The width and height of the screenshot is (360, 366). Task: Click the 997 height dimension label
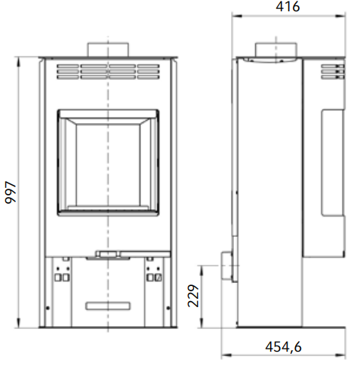pos(11,192)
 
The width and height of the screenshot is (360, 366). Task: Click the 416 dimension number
pos(288,7)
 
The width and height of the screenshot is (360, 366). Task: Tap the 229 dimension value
pos(193,296)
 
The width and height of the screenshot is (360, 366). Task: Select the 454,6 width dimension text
pos(283,347)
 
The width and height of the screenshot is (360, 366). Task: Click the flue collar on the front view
pos(108,50)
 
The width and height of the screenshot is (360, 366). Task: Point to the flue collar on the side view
pos(276,50)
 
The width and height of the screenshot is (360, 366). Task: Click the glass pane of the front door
pos(108,165)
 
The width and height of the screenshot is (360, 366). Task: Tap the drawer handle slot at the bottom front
pos(108,306)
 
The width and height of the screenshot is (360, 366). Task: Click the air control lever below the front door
pos(108,254)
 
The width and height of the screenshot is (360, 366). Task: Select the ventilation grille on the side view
pos(333,72)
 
